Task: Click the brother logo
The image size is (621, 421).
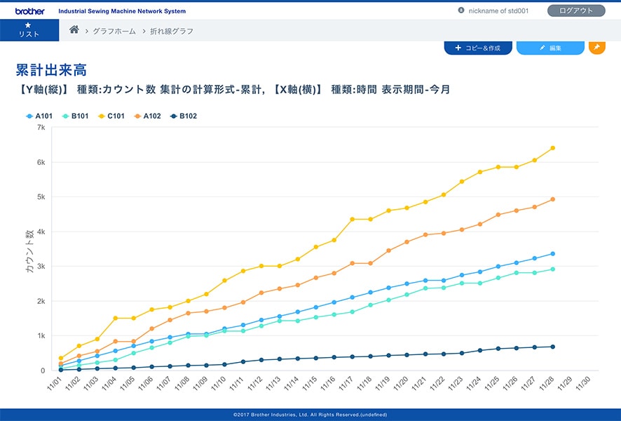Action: point(29,11)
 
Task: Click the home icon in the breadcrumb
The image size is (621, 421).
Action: point(74,30)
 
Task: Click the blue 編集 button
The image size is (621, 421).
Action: point(550,48)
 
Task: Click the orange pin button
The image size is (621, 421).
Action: point(596,47)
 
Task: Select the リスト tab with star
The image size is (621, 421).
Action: point(29,30)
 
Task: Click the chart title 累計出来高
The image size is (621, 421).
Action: point(51,70)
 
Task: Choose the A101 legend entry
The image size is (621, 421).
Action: point(39,116)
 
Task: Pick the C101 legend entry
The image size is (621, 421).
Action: point(111,116)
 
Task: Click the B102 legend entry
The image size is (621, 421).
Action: point(184,116)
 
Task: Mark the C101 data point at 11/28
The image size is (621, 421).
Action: point(553,148)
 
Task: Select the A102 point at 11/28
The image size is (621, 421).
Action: point(553,199)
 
